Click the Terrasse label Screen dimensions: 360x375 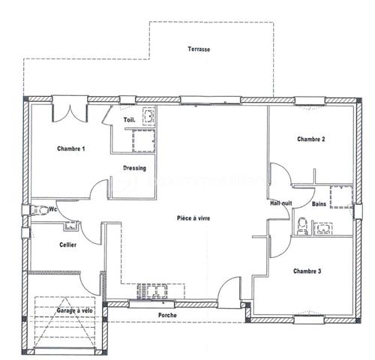[199, 49]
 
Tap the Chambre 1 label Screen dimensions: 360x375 [70, 149]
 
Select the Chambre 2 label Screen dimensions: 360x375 [310, 139]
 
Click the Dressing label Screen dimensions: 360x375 [134, 168]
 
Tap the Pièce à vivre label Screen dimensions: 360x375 [193, 217]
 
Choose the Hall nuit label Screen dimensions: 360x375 [281, 203]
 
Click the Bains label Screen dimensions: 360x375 [319, 204]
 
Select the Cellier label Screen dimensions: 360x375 [67, 245]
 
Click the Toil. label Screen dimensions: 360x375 [128, 120]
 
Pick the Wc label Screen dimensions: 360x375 [52, 210]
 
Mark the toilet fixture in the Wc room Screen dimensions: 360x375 [37, 210]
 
